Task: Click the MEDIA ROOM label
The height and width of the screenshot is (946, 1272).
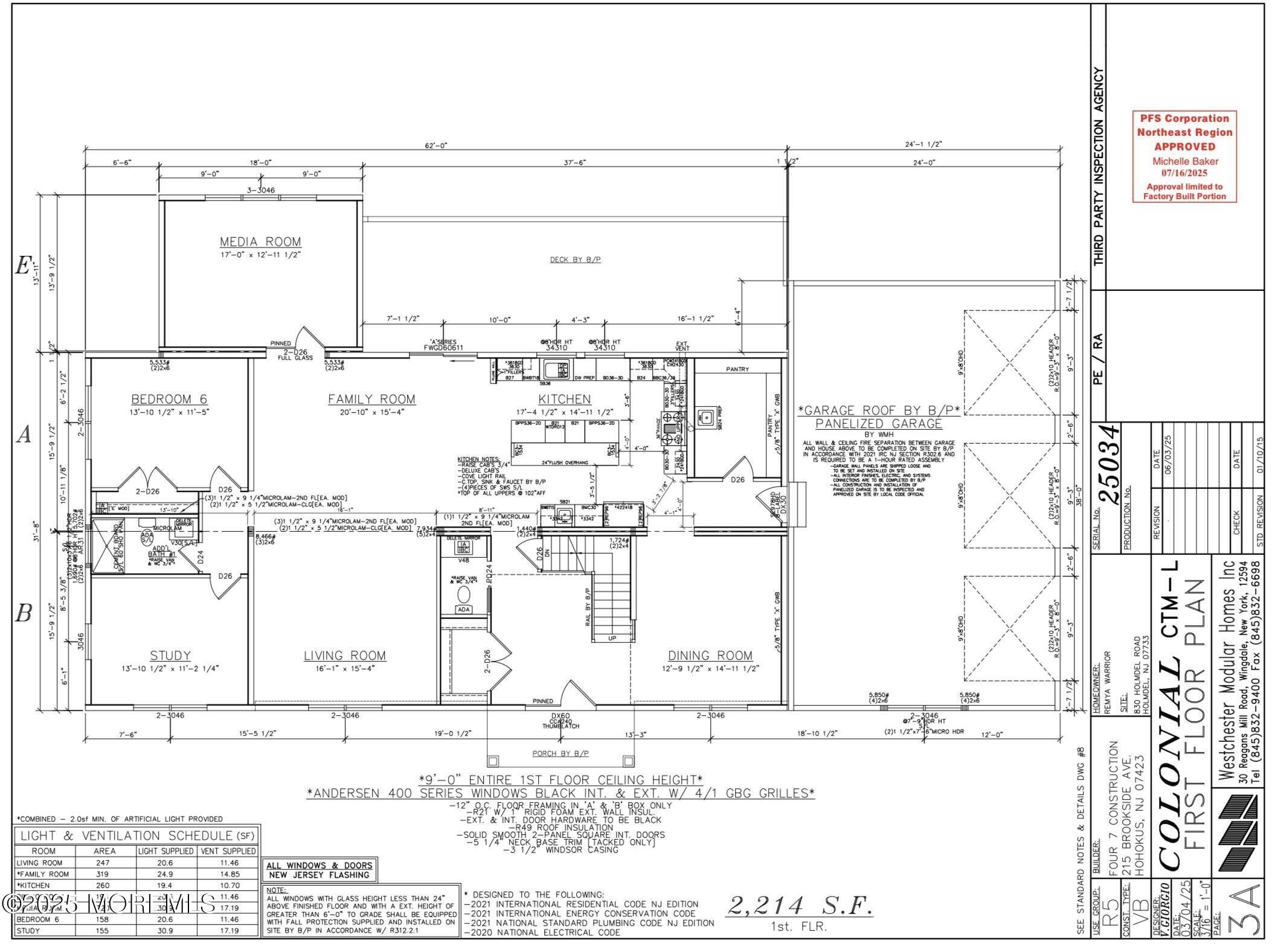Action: (x=260, y=241)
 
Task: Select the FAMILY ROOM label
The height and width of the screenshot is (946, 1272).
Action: (x=371, y=399)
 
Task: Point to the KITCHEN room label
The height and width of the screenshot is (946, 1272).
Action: (x=564, y=399)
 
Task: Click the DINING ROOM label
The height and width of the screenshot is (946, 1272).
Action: (x=710, y=656)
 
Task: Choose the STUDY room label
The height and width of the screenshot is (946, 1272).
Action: (x=170, y=656)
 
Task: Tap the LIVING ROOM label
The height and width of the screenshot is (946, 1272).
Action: (x=344, y=656)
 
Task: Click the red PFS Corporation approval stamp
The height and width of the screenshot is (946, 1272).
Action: (x=1184, y=156)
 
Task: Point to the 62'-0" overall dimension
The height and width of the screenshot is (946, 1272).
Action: (x=435, y=145)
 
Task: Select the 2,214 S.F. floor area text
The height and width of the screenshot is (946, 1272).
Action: (x=800, y=906)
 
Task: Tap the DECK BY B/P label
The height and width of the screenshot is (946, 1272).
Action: (x=575, y=260)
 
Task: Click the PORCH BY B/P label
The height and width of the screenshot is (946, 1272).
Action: (x=561, y=753)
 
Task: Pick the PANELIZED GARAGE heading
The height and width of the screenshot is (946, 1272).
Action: (x=878, y=424)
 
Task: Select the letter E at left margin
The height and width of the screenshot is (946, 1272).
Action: (x=23, y=266)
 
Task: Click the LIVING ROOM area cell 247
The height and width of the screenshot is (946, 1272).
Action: (x=103, y=863)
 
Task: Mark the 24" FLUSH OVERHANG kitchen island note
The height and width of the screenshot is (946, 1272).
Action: (x=565, y=462)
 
